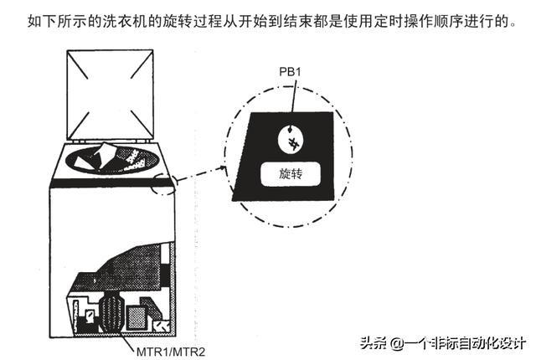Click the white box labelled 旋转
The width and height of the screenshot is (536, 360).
click(x=290, y=174)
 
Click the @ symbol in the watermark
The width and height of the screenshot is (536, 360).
click(x=395, y=343)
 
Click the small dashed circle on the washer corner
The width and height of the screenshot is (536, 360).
click(x=163, y=186)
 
